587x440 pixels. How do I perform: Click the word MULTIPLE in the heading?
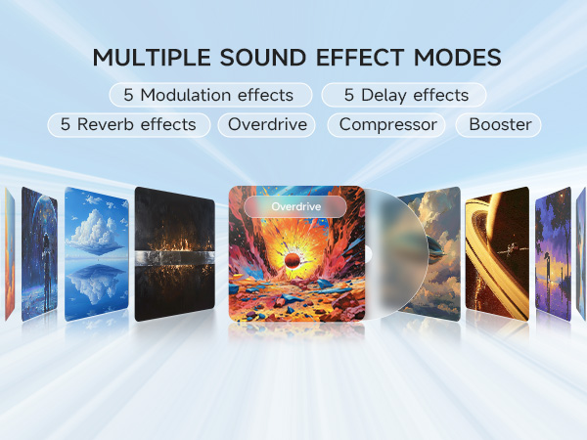(x=152, y=58)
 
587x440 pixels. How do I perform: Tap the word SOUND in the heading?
(x=263, y=58)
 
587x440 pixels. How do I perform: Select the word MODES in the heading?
(x=457, y=58)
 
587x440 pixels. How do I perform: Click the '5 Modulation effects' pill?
(x=210, y=95)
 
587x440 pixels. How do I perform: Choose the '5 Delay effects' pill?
(x=403, y=95)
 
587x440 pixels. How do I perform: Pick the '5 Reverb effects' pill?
(x=129, y=124)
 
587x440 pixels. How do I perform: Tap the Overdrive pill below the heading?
(x=266, y=124)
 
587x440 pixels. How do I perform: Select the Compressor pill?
(x=386, y=124)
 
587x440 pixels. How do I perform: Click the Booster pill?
(x=498, y=124)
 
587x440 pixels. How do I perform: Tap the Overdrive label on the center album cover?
(x=295, y=206)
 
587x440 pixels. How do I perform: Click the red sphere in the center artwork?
(x=293, y=260)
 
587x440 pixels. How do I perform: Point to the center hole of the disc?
(x=368, y=255)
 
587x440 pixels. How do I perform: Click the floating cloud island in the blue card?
(x=96, y=231)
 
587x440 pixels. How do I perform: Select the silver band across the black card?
(x=175, y=258)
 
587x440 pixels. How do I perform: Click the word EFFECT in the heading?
(x=360, y=58)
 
